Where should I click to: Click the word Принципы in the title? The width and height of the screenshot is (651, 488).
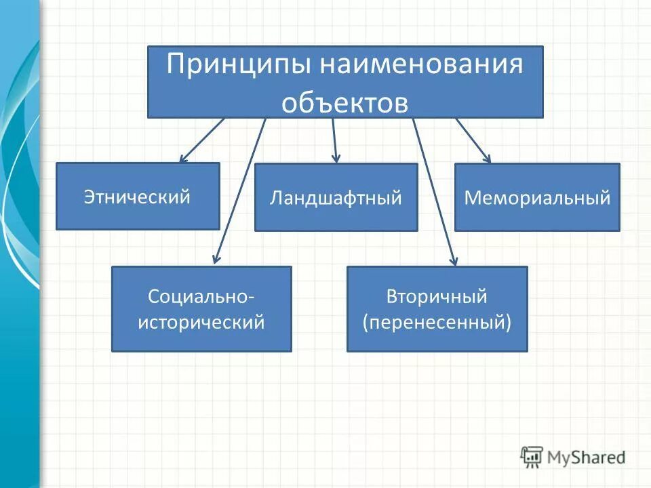point(239,66)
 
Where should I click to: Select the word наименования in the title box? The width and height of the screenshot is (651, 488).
point(422,66)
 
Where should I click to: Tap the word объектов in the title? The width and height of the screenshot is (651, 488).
point(345,102)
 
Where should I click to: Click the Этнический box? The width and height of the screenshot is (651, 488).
point(138,197)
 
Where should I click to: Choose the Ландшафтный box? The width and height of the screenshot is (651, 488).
point(336,197)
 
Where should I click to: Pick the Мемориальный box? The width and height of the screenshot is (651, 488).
point(537,197)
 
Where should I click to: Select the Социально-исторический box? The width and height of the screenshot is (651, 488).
point(201,308)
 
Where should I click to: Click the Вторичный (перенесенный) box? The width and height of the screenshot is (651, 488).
point(437,308)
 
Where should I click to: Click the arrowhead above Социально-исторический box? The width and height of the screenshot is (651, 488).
point(216,258)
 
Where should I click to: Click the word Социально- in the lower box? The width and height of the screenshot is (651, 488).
point(201,297)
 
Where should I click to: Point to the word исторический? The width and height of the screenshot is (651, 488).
point(201,322)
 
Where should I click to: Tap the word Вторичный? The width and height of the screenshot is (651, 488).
point(437,297)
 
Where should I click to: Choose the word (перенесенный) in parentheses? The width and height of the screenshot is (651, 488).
point(437,322)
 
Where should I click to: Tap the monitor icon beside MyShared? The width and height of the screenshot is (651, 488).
point(532,457)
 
